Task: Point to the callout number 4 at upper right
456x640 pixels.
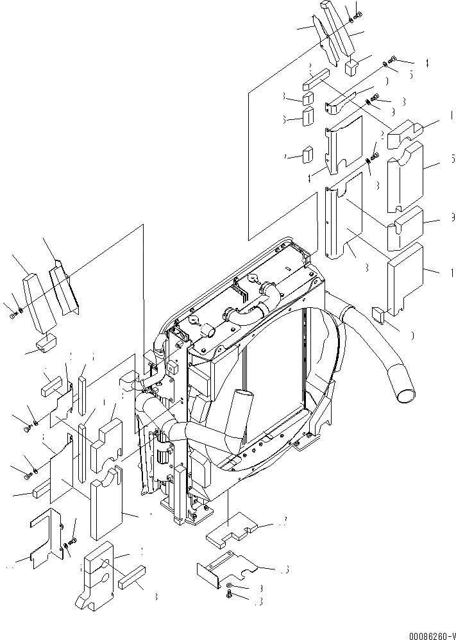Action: (x=425, y=63)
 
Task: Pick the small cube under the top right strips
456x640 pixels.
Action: (x=352, y=67)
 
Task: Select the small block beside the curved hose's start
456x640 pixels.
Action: (x=378, y=314)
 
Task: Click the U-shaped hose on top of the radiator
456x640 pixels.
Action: (x=251, y=314)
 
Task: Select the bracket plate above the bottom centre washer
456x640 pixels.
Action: (x=228, y=564)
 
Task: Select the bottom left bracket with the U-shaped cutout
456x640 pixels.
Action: (x=46, y=540)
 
